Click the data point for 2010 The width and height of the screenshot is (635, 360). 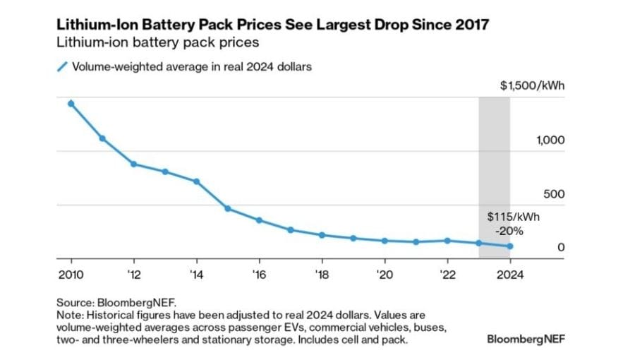tap(71, 104)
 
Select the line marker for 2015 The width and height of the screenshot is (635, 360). tap(228, 209)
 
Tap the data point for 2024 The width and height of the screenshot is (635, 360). tap(510, 246)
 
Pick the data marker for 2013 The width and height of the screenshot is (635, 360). tap(165, 172)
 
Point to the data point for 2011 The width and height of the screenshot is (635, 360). tap(102, 138)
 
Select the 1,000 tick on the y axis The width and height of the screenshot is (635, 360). tap(550, 140)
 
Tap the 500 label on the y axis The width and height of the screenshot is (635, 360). tap(555, 193)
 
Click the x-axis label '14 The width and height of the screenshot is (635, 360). tap(195, 273)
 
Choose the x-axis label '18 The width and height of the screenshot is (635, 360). tap(321, 273)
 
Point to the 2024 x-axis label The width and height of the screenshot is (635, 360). tap(510, 273)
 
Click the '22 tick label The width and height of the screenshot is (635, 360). tap(447, 273)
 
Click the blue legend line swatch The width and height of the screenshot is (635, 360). tap(62, 67)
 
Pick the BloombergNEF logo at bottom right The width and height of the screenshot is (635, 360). tap(526, 338)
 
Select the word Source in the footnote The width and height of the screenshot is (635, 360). tap(73, 302)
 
